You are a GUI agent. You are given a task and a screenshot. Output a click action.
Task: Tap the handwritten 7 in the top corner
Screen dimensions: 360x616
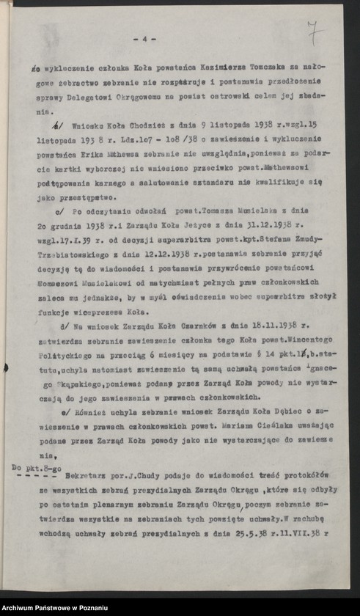click(314, 32)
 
